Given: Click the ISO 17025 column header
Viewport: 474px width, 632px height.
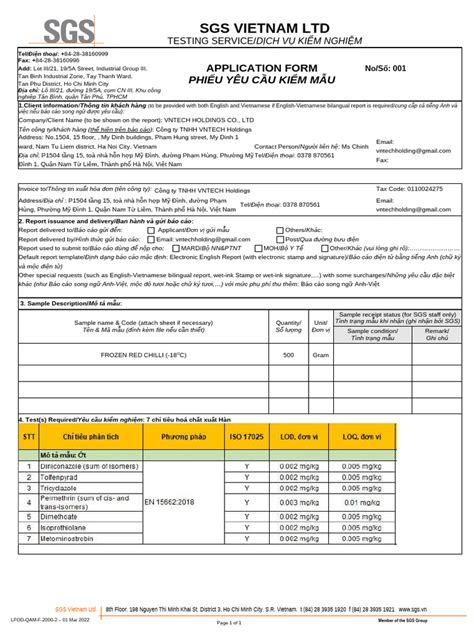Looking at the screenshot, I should tap(246, 437).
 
